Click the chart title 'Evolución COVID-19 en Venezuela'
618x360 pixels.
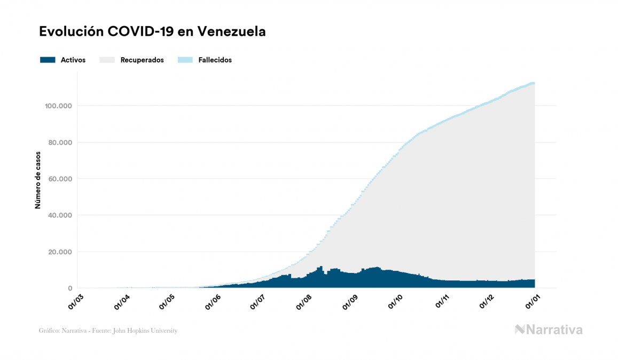[x=152, y=32]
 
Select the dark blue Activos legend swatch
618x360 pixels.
[x=48, y=60]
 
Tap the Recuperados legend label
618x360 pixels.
[x=142, y=60]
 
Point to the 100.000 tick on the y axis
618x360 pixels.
[x=59, y=106]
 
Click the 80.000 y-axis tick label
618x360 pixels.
[x=60, y=143]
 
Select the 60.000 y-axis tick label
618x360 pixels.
[x=60, y=179]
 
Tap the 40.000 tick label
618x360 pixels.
[x=60, y=215]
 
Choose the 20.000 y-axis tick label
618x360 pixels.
[x=60, y=252]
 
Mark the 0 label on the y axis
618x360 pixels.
[x=70, y=288]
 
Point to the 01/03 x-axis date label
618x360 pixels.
[x=77, y=302]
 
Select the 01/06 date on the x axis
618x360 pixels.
[x=213, y=302]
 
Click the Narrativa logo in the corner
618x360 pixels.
[x=549, y=330]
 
